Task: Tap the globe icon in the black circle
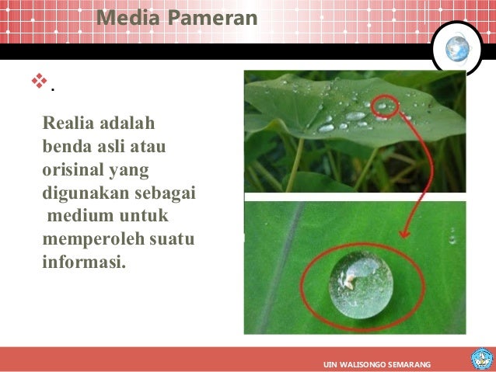pos(456,50)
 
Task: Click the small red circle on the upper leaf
pos(384,104)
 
